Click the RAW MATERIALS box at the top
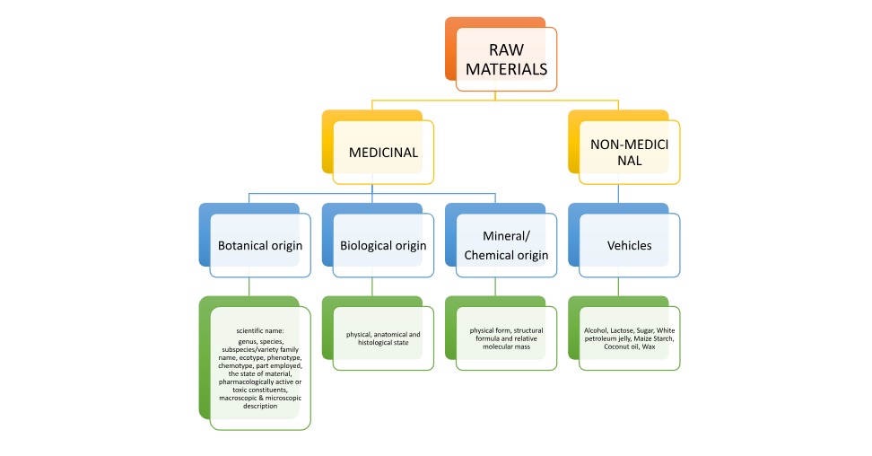click(x=506, y=58)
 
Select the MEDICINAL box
click(x=383, y=152)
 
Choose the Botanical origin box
click(x=260, y=244)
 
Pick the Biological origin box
click(x=382, y=244)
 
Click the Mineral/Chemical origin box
click(x=506, y=244)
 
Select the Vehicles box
click(x=629, y=244)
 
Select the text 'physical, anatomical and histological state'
click(x=383, y=338)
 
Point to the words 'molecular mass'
click(x=506, y=347)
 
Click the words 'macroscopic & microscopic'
click(x=259, y=398)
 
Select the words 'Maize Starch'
click(x=656, y=339)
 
